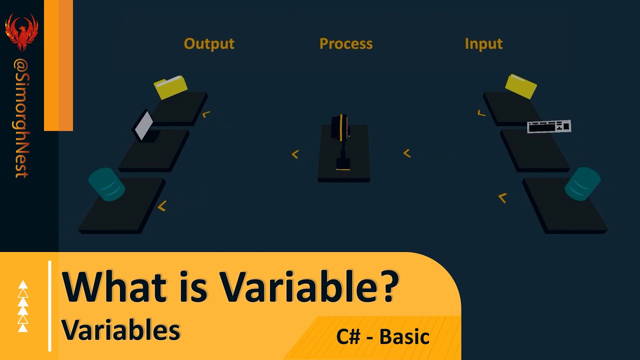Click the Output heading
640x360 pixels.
point(209,44)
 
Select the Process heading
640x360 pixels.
point(346,44)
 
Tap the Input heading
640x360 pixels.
point(483,44)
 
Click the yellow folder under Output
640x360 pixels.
point(170,87)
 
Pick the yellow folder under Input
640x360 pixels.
point(521,86)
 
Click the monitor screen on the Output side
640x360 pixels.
point(144,125)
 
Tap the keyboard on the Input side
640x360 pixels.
point(549,126)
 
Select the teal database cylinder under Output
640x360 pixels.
point(106,184)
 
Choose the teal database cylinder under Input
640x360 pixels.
point(582,183)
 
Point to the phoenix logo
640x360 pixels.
point(21,31)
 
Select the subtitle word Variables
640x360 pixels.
point(120,330)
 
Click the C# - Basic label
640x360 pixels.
point(383,336)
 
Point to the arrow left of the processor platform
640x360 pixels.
point(295,154)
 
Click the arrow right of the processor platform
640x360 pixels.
point(406,153)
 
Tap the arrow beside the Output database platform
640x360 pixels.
point(161,206)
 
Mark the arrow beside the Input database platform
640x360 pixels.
point(502,198)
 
